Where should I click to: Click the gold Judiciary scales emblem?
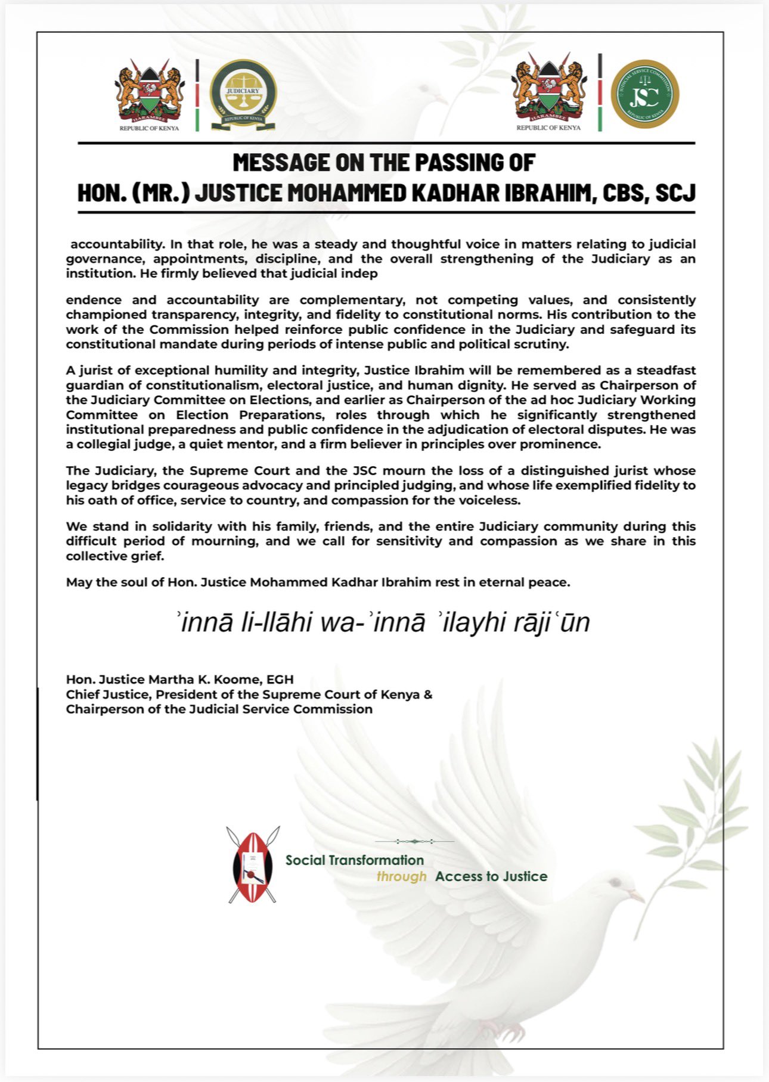(243, 94)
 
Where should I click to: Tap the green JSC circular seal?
(645, 94)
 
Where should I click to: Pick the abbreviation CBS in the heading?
(625, 193)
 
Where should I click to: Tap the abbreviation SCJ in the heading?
(675, 193)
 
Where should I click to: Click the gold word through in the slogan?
(401, 876)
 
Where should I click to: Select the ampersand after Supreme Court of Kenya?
(427, 695)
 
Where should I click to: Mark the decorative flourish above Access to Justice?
(414, 842)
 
